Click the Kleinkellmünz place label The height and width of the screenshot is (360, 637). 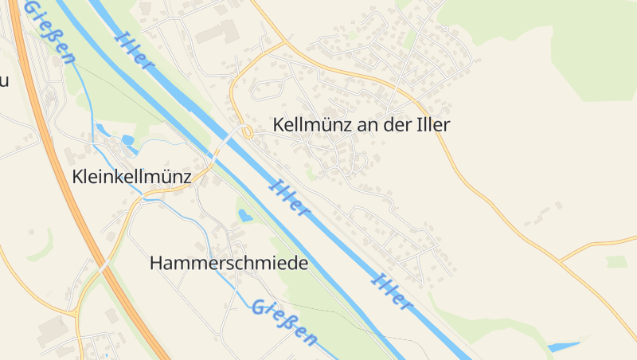[x=131, y=176]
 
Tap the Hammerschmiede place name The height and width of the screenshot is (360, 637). [x=229, y=264]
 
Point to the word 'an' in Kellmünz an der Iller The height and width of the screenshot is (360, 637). [x=359, y=125]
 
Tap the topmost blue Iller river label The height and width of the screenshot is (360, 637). [x=133, y=49]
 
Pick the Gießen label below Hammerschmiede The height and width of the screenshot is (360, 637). [x=283, y=322]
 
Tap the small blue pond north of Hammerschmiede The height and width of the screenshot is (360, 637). [x=246, y=215]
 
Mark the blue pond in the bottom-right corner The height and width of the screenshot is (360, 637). [x=565, y=346]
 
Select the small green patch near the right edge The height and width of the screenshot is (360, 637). [x=616, y=261]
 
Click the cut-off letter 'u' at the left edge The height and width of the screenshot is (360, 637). [x=4, y=81]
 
